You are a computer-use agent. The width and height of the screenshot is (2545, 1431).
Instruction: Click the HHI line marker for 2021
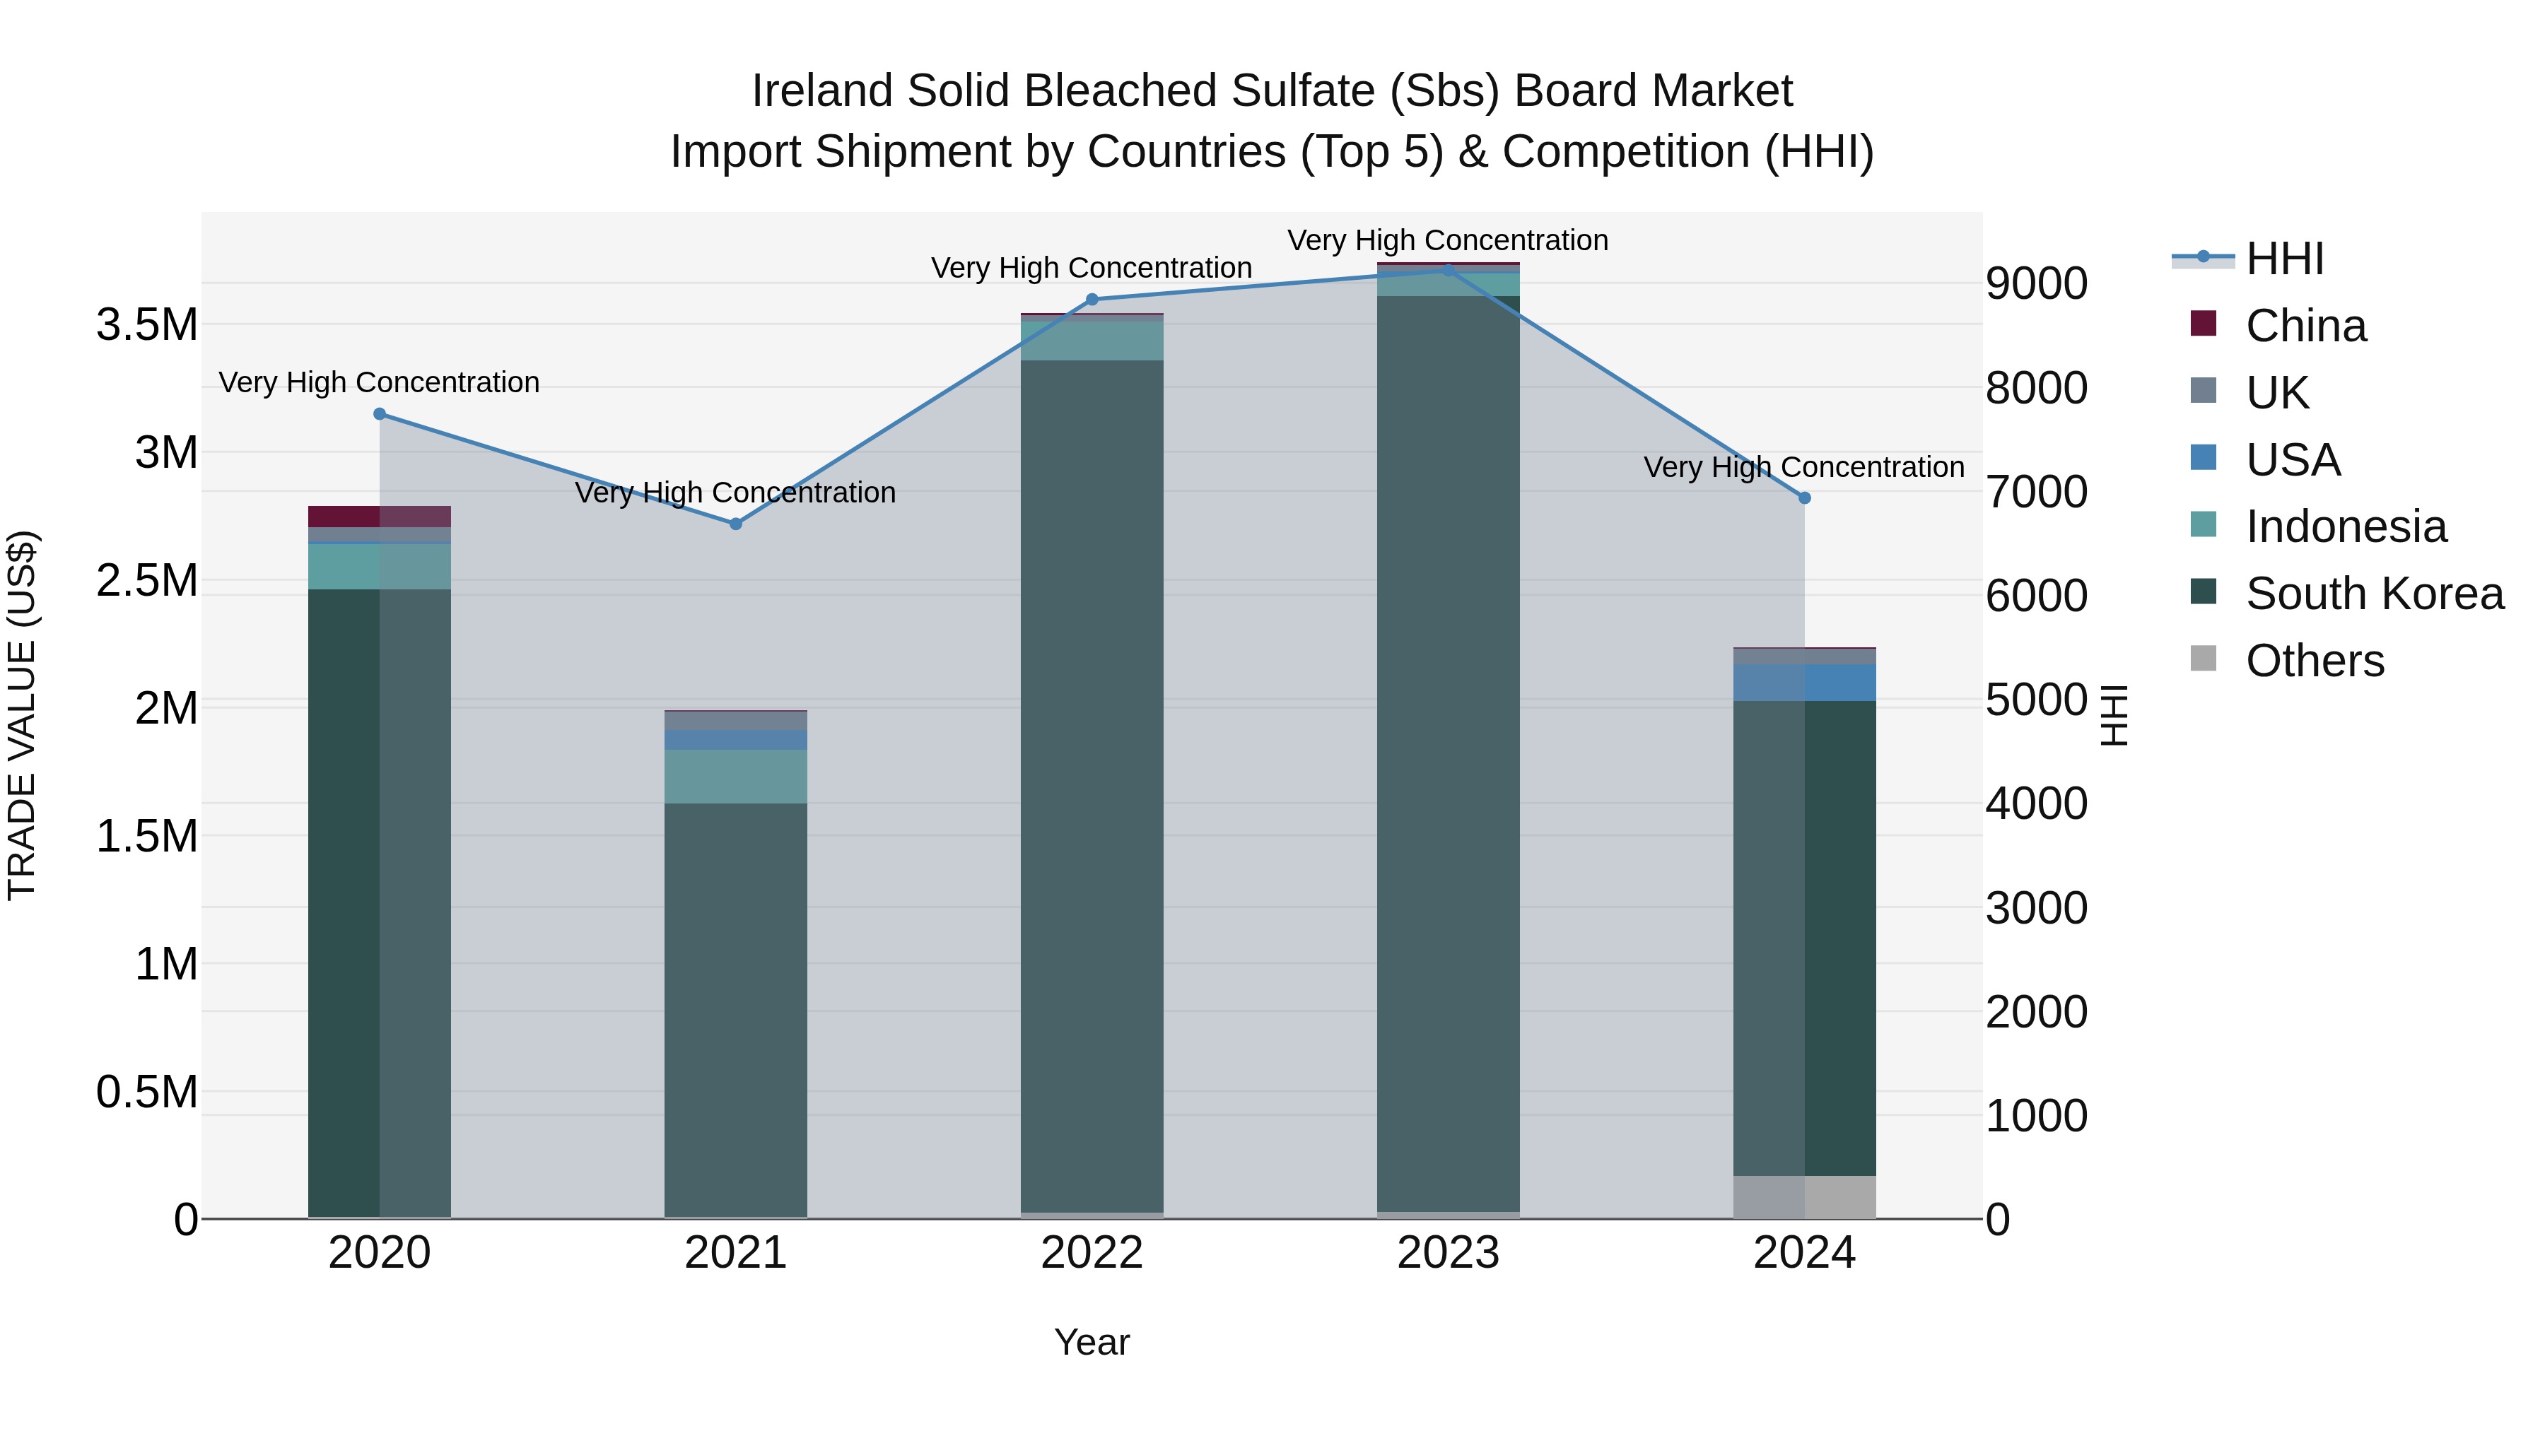pos(735,524)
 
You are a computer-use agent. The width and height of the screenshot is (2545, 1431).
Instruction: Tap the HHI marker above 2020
pos(380,414)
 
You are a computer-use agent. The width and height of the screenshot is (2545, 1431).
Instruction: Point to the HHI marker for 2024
pos(1804,497)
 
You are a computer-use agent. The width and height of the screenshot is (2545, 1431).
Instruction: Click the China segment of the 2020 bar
pos(380,517)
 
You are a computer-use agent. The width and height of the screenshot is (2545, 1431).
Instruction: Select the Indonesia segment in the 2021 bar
pos(735,776)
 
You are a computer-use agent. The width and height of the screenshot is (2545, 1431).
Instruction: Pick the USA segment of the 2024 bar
pos(1804,683)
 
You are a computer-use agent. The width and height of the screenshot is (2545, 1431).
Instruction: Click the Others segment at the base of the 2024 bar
pos(1804,1197)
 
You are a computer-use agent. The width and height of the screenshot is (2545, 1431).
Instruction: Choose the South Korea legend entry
pos(2373,594)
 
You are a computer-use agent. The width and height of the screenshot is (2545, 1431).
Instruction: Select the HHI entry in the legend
pos(2283,259)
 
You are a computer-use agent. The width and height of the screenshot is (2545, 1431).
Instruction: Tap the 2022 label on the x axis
pos(1092,1253)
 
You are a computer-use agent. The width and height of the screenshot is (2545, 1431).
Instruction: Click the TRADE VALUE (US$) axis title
pos(22,715)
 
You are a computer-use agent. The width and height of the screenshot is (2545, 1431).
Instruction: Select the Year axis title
pos(1092,1342)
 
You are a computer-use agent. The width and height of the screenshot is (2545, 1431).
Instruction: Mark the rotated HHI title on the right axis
pos(2113,715)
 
